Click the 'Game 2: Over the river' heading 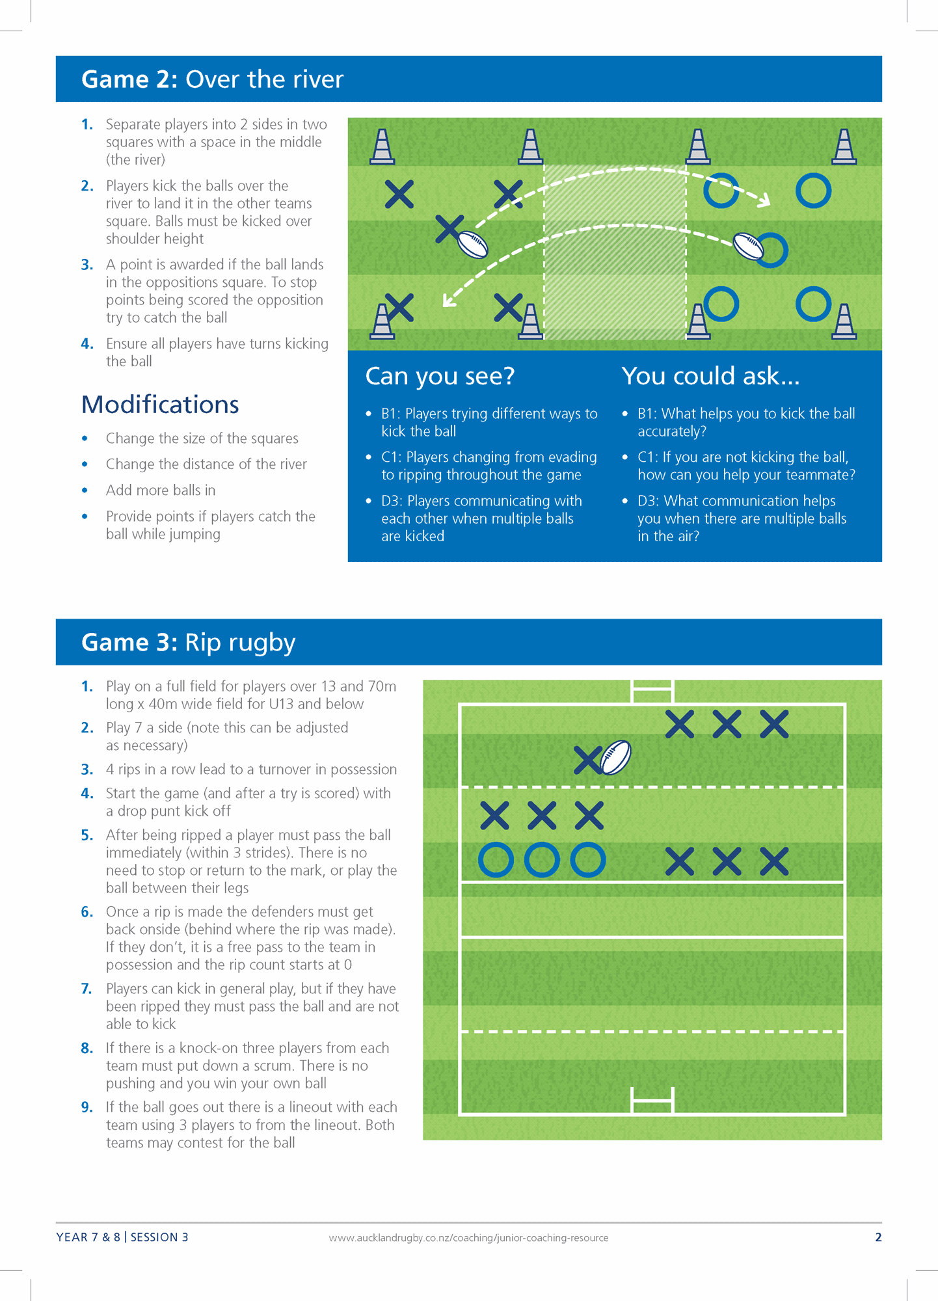pyautogui.click(x=212, y=79)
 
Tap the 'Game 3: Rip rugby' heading pyautogui.click(x=188, y=642)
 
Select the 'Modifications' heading pyautogui.click(x=160, y=405)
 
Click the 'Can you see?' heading pyautogui.click(x=440, y=376)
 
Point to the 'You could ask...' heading pyautogui.click(x=710, y=376)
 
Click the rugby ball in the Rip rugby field pyautogui.click(x=615, y=757)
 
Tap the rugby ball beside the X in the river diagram pyautogui.click(x=473, y=244)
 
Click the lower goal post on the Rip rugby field pyautogui.click(x=652, y=1101)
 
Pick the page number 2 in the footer pyautogui.click(x=878, y=1237)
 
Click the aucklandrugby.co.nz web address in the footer pyautogui.click(x=468, y=1238)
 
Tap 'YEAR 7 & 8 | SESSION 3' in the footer pyautogui.click(x=122, y=1237)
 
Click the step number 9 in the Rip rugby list pyautogui.click(x=87, y=1107)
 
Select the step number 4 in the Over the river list pyautogui.click(x=87, y=343)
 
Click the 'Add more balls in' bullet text pyautogui.click(x=161, y=490)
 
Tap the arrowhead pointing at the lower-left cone pyautogui.click(x=448, y=301)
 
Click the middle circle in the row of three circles pyautogui.click(x=542, y=860)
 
